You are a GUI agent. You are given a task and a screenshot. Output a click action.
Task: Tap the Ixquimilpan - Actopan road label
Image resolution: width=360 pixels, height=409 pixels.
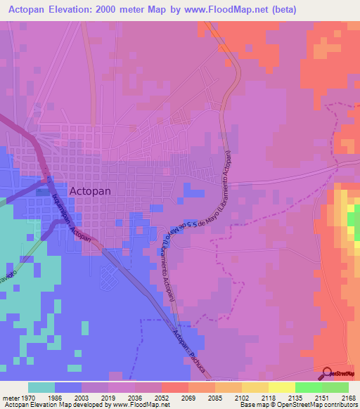(x=72, y=219)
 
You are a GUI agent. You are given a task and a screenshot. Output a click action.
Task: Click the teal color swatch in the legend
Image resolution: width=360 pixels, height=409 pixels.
(x=41, y=387)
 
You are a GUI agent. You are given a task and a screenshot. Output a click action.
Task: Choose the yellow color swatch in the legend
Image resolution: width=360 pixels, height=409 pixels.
(x=281, y=387)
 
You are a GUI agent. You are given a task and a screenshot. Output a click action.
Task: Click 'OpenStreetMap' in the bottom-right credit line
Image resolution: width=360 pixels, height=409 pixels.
(x=323, y=404)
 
